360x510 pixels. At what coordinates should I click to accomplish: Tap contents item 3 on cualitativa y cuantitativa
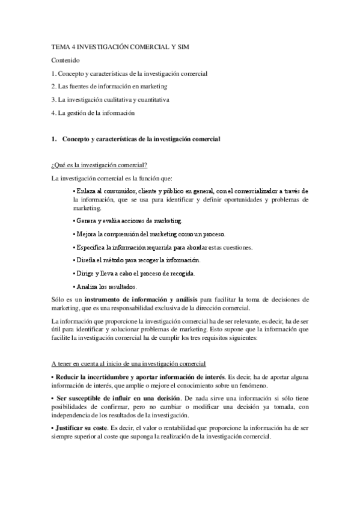point(111,99)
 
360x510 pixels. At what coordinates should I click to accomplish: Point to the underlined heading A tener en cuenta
point(129,364)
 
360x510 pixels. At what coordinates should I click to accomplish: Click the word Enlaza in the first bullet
point(86,191)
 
